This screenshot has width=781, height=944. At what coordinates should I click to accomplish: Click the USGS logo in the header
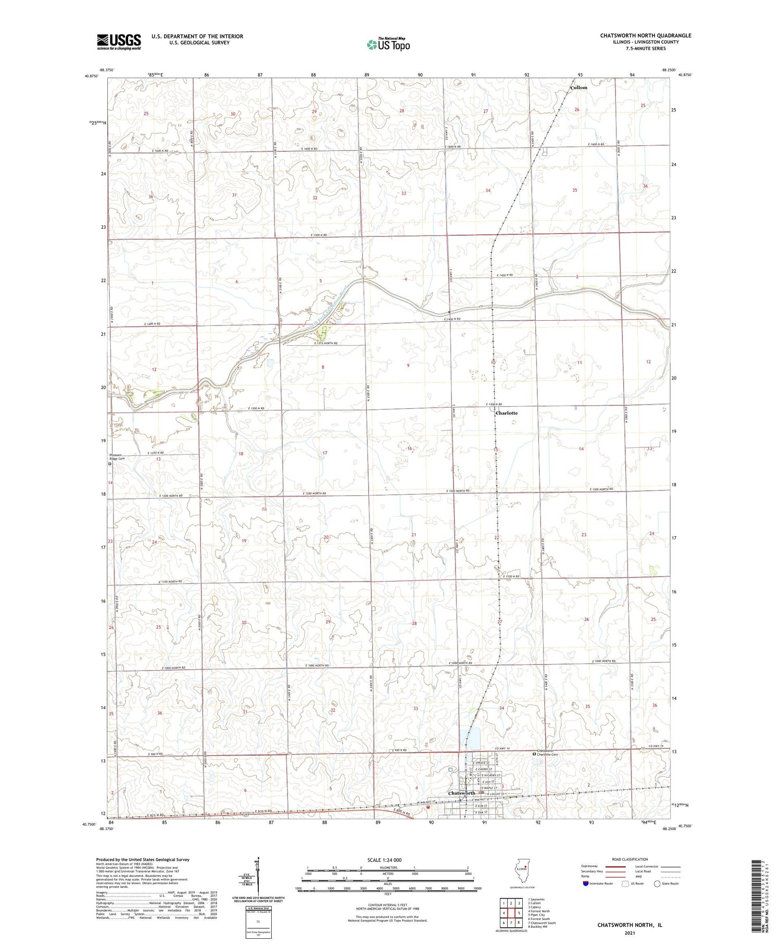tap(119, 42)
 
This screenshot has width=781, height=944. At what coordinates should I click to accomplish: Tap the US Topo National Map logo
tap(388, 44)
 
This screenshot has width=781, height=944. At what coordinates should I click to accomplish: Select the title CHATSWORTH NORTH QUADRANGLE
tap(646, 35)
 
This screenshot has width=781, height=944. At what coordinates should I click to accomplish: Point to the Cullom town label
tap(578, 87)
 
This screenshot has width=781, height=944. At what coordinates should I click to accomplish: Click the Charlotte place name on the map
tap(506, 413)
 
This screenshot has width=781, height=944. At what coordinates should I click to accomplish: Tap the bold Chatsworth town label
tap(461, 793)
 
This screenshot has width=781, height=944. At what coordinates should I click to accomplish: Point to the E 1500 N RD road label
tap(315, 235)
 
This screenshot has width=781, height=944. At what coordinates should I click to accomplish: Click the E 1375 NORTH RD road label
tap(326, 343)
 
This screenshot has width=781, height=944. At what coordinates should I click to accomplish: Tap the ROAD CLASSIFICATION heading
tap(630, 859)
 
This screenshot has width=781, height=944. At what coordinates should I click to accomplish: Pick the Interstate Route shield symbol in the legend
tap(586, 884)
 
